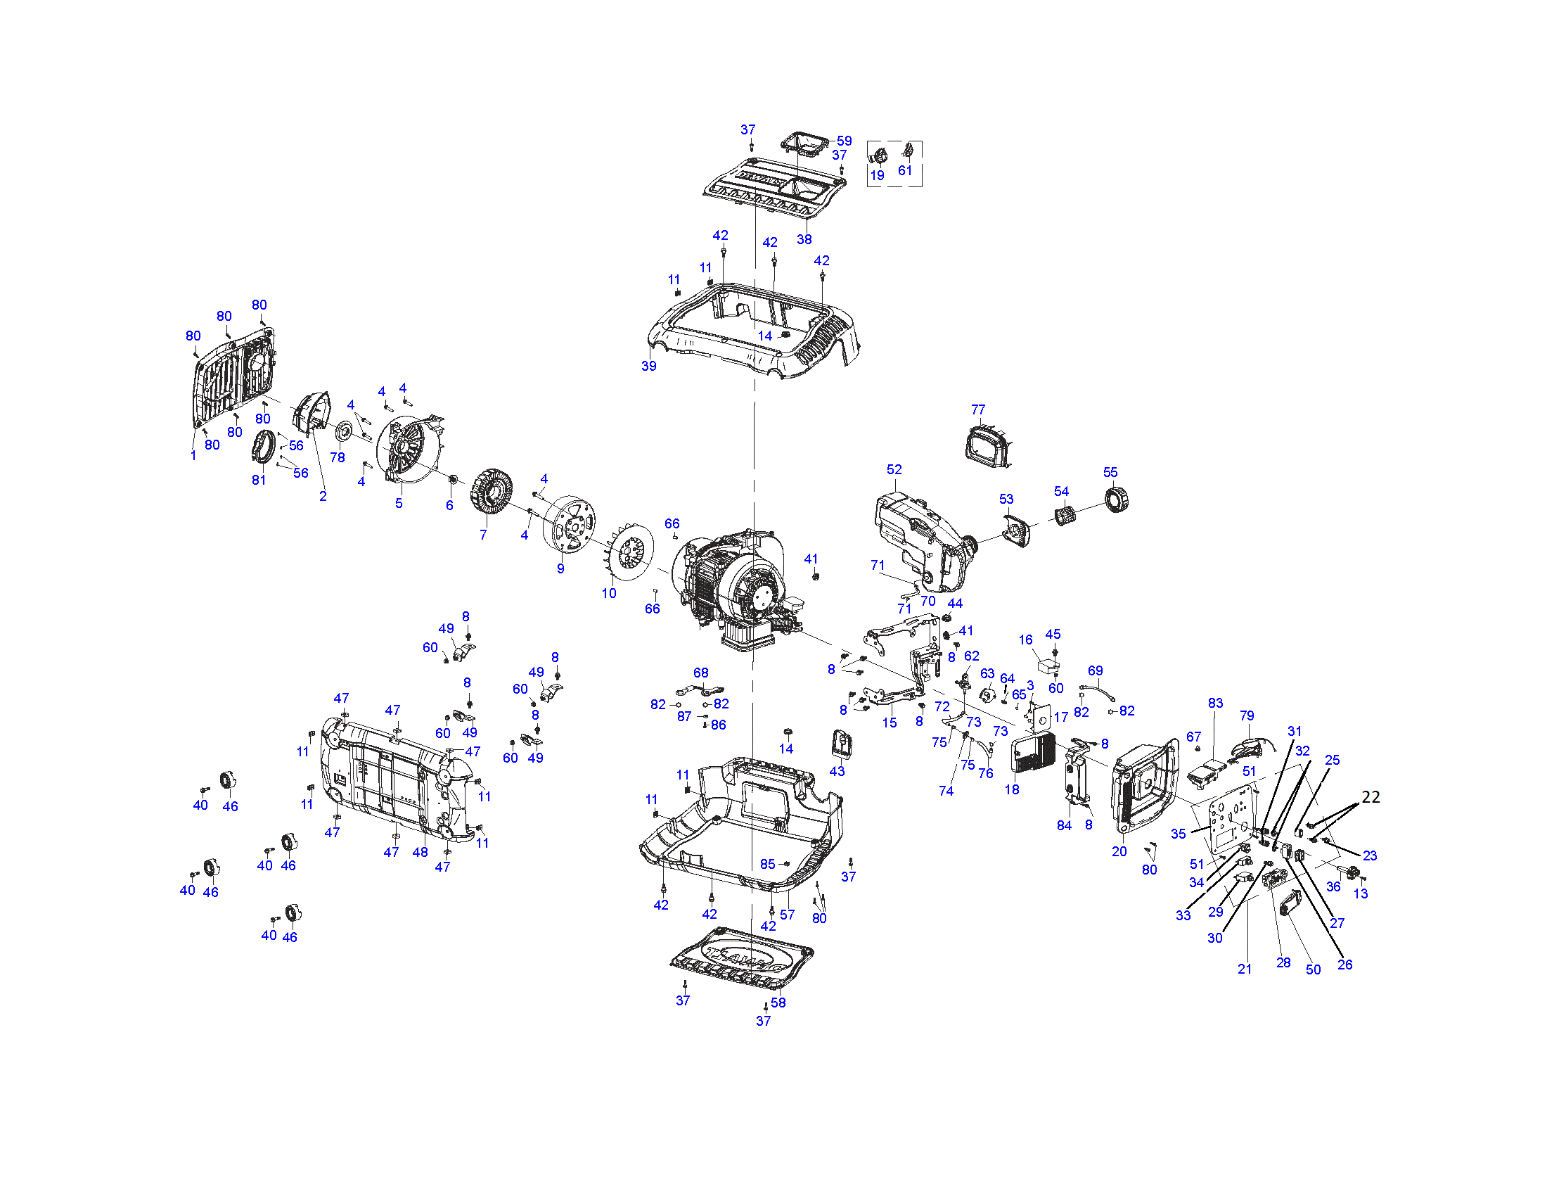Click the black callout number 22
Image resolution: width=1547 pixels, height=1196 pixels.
click(x=1371, y=797)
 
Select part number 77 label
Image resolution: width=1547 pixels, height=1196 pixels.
click(x=977, y=409)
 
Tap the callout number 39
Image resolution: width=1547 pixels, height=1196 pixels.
click(x=649, y=366)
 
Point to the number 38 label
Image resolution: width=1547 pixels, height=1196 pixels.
click(x=804, y=239)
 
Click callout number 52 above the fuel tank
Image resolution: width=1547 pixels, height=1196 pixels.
click(x=894, y=470)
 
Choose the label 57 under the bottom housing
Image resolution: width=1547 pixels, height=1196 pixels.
click(x=787, y=915)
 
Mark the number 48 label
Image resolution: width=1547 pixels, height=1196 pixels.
click(x=420, y=852)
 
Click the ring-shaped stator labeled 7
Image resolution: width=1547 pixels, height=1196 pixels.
click(x=491, y=493)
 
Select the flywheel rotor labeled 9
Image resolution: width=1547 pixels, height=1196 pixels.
click(x=570, y=524)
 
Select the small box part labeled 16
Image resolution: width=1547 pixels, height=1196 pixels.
click(x=1047, y=667)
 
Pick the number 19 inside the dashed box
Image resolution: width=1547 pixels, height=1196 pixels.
click(x=877, y=175)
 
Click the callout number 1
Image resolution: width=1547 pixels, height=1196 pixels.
click(x=193, y=455)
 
